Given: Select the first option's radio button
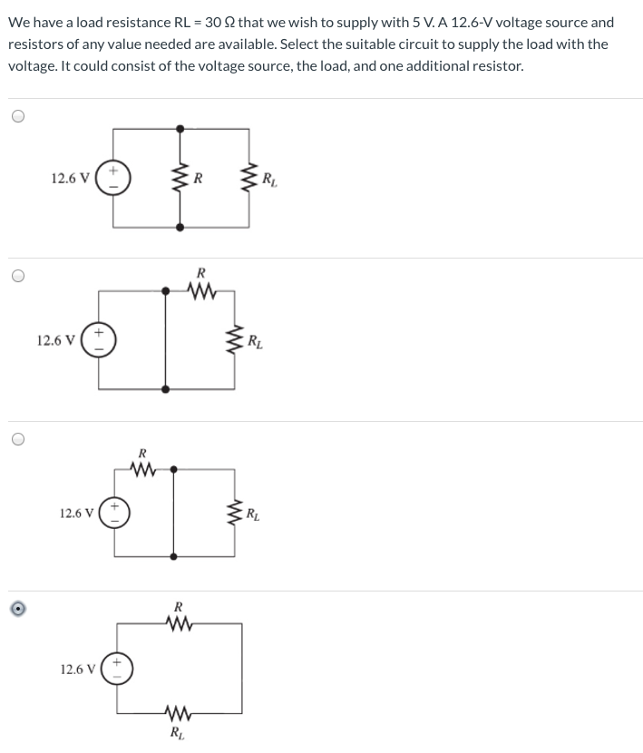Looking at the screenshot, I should [18, 117].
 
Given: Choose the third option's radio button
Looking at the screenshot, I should [18, 439].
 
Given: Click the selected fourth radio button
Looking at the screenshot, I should [18, 609].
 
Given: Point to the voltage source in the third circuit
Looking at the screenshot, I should [114, 513].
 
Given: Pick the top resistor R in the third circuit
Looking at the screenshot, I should [142, 469].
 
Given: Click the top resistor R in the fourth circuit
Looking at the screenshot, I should [179, 623].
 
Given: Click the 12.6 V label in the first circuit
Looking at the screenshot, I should [70, 178].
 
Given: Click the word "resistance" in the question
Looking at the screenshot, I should [141, 23].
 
